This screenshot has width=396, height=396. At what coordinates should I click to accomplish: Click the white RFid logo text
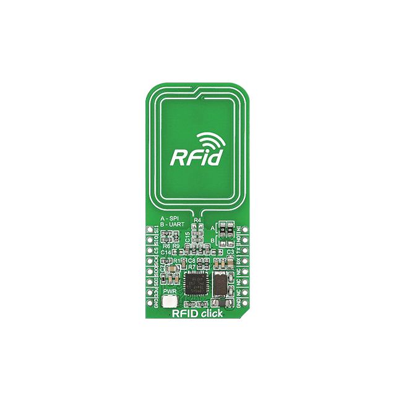[196, 156]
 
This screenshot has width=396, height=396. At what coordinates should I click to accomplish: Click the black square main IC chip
[199, 281]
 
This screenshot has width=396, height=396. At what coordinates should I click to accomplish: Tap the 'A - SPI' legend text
[170, 219]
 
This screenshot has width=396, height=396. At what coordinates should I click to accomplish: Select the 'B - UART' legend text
[171, 225]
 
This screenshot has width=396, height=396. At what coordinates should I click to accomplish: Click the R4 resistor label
[198, 220]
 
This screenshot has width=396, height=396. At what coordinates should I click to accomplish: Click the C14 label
[166, 252]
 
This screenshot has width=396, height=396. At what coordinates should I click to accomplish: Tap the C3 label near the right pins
[230, 252]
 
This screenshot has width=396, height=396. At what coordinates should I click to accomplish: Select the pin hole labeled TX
[246, 251]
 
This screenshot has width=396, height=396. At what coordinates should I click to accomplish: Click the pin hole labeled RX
[246, 262]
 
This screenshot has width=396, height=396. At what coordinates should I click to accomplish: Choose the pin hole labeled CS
[148, 251]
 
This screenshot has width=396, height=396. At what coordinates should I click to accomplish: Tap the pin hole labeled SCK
[148, 262]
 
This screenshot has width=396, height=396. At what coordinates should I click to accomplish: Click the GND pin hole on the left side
[148, 304]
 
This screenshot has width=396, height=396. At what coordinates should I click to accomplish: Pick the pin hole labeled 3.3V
[148, 293]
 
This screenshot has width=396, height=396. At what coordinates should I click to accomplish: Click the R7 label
[192, 267]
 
